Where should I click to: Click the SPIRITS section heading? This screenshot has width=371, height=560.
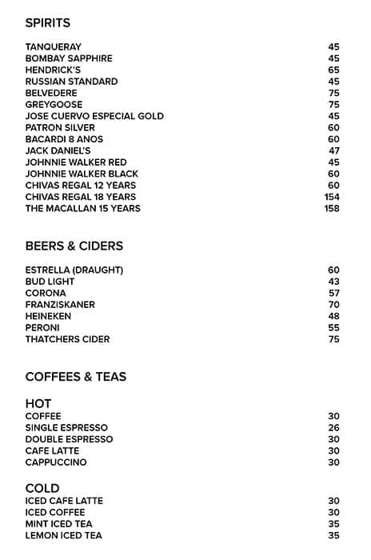click(48, 23)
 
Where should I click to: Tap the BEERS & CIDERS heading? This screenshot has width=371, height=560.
click(74, 246)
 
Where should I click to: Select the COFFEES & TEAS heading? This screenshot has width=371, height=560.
click(76, 377)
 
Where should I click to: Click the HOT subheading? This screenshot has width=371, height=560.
click(38, 404)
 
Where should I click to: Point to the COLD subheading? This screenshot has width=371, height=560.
click(42, 488)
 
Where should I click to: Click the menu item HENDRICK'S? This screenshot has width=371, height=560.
click(53, 70)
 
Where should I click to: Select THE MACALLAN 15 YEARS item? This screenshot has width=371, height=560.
click(83, 208)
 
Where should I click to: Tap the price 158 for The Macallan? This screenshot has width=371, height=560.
click(332, 208)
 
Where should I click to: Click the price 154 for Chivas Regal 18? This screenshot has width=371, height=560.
click(332, 197)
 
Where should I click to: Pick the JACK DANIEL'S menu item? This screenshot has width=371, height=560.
click(58, 150)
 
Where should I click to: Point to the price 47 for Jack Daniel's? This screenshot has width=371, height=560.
click(334, 150)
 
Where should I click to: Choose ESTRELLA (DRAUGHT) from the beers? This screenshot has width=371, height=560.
click(74, 270)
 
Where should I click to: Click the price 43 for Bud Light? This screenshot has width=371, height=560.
click(334, 282)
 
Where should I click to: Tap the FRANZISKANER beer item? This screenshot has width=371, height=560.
click(60, 305)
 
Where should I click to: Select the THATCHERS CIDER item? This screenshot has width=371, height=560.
click(68, 339)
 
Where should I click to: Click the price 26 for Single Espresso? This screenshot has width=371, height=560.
click(334, 428)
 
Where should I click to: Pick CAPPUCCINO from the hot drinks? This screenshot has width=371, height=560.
click(56, 462)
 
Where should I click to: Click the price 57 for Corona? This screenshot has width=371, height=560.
click(334, 293)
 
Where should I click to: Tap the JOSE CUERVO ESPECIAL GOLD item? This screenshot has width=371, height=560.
click(94, 116)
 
